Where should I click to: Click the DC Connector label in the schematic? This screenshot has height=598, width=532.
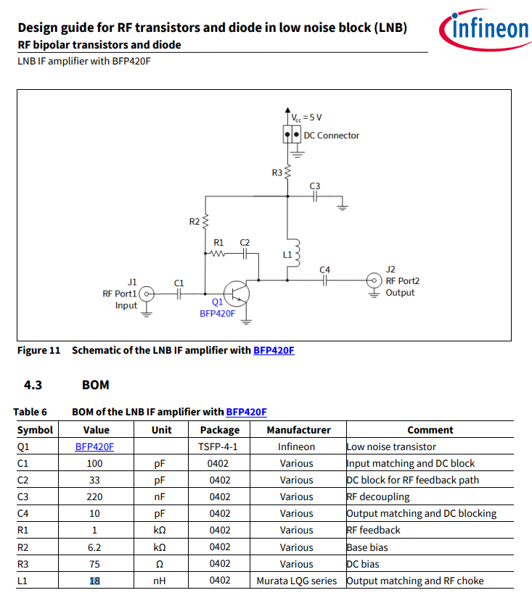click(x=331, y=136)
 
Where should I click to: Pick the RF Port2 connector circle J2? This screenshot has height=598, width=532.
click(x=374, y=280)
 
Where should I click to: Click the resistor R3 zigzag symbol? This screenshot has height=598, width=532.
click(x=287, y=173)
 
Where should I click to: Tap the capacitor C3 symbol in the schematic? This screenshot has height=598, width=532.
click(x=315, y=196)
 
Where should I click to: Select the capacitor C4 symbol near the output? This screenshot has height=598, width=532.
click(x=325, y=280)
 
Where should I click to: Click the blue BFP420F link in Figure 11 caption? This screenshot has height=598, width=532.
click(x=274, y=350)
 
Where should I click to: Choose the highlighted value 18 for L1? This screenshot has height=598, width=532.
click(x=94, y=581)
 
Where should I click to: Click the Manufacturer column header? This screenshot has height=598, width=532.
click(x=298, y=430)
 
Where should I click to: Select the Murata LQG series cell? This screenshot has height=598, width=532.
click(x=297, y=581)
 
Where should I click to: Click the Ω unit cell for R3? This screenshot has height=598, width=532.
click(x=161, y=564)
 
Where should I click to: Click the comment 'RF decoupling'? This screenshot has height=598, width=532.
click(x=378, y=497)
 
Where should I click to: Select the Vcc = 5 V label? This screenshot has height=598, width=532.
click(x=306, y=117)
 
